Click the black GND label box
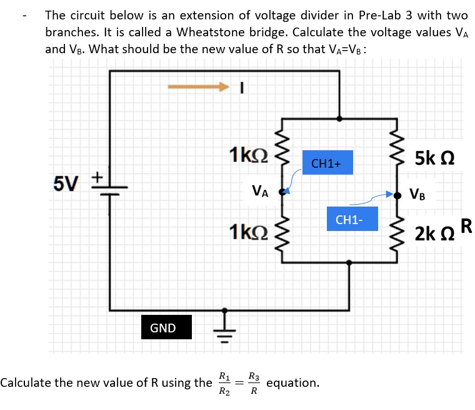pyautogui.click(x=162, y=328)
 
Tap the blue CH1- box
pyautogui.click(x=352, y=220)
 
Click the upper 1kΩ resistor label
pyautogui.click(x=248, y=154)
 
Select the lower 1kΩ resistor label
pyautogui.click(x=248, y=232)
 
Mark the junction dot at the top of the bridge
pyautogui.click(x=339, y=117)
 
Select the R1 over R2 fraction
pyautogui.click(x=223, y=383)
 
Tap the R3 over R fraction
pyautogui.click(x=253, y=383)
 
